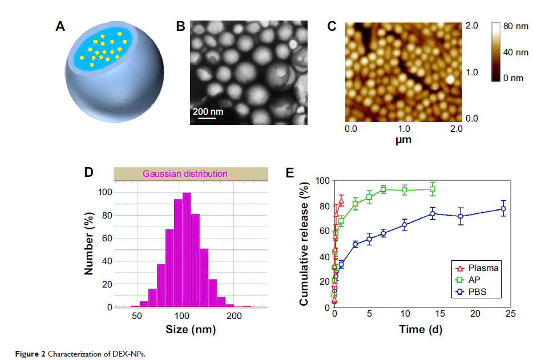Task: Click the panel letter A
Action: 60,27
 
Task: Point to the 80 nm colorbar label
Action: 516,26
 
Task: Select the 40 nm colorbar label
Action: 516,52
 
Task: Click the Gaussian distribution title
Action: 185,173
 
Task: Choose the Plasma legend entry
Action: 477,268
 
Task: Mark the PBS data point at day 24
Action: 503,209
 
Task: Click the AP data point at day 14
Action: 433,189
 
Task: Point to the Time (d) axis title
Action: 421,329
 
